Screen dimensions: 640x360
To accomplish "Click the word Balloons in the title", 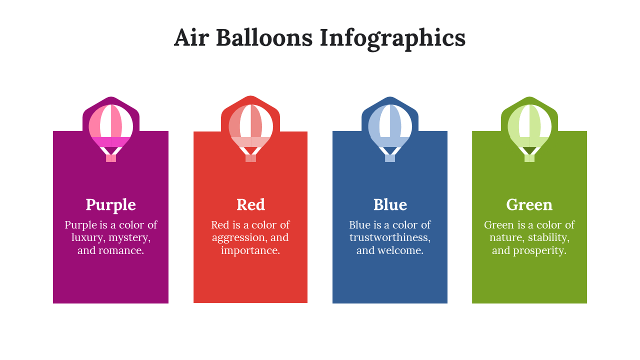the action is [x=264, y=37].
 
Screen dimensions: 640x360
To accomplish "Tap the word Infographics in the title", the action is [x=393, y=39].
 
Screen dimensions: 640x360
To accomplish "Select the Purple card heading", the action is [x=111, y=205].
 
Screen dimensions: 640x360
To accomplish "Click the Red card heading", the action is [x=250, y=204].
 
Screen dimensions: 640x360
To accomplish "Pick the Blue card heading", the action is [x=390, y=204].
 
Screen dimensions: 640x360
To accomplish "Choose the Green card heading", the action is [x=529, y=204].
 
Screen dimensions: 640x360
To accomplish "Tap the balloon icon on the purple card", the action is [x=111, y=133].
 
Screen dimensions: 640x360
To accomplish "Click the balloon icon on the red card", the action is [x=250, y=133].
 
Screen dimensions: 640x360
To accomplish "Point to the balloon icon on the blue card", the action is [x=390, y=133].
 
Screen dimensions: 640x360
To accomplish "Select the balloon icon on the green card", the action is [x=529, y=133].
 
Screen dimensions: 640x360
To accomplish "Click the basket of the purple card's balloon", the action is [x=111, y=158].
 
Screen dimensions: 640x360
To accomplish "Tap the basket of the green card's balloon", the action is [x=529, y=158].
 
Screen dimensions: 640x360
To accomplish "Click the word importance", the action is [x=250, y=250].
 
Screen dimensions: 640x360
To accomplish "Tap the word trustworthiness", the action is [x=390, y=237].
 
